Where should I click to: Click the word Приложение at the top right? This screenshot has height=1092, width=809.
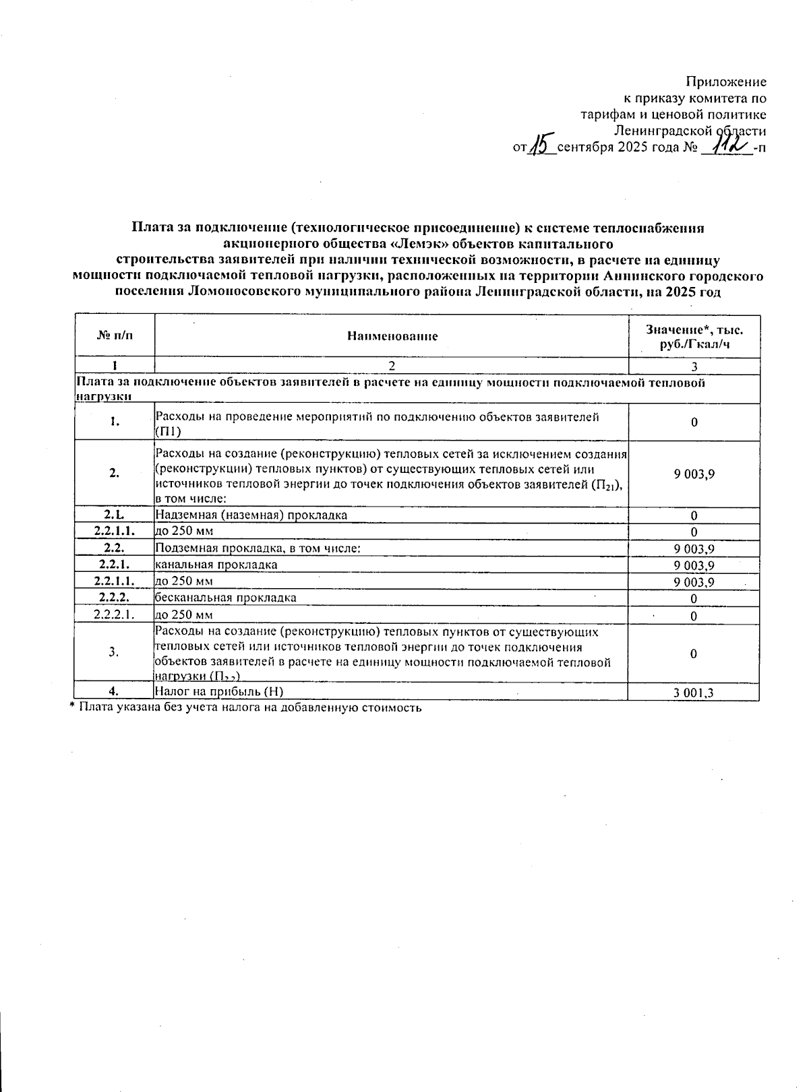pyautogui.click(x=726, y=82)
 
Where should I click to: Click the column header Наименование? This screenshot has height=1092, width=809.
pyautogui.click(x=392, y=336)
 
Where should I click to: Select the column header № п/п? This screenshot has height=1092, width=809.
pyautogui.click(x=115, y=335)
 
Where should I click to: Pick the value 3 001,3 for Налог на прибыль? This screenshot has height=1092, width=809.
pyautogui.click(x=694, y=692)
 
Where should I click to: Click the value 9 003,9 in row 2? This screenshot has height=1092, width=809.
pyautogui.click(x=694, y=474)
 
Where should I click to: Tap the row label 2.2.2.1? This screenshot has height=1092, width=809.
pyautogui.click(x=115, y=614)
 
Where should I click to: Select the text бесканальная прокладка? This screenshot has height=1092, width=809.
pyautogui.click(x=225, y=598)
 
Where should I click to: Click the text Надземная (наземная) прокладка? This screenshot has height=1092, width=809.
pyautogui.click(x=251, y=515)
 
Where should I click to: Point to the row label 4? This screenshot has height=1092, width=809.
pyautogui.click(x=115, y=690)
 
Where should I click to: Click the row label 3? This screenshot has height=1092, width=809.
pyautogui.click(x=115, y=652)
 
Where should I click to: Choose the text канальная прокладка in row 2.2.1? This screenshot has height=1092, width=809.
pyautogui.click(x=216, y=565)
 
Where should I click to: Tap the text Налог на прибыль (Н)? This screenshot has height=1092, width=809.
pyautogui.click(x=214, y=690)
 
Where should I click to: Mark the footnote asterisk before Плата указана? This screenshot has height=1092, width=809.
pyautogui.click(x=73, y=707)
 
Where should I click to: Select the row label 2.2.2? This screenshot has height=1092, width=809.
pyautogui.click(x=115, y=598)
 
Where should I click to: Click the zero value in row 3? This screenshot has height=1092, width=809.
pyautogui.click(x=694, y=653)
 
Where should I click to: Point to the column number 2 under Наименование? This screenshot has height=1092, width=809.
pyautogui.click(x=392, y=366)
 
